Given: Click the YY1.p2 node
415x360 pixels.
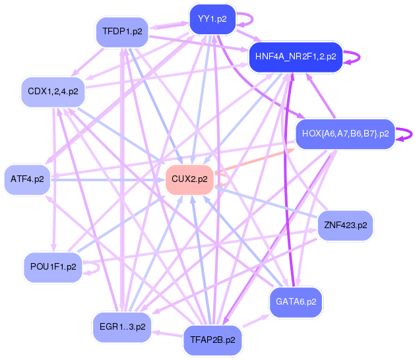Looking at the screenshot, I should (212, 19).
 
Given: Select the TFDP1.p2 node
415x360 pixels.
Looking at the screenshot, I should (123, 31).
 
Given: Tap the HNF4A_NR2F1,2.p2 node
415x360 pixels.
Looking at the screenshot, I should (295, 56).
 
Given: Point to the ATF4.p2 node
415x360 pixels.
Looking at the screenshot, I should (28, 179).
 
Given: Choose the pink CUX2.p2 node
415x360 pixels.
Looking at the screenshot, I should (189, 179).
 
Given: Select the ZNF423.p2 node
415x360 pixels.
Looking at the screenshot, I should (345, 225).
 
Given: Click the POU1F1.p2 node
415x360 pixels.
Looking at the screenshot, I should (53, 266).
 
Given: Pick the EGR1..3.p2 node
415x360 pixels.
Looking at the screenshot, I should (122, 326).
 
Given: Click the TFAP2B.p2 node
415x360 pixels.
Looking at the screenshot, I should (212, 340).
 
